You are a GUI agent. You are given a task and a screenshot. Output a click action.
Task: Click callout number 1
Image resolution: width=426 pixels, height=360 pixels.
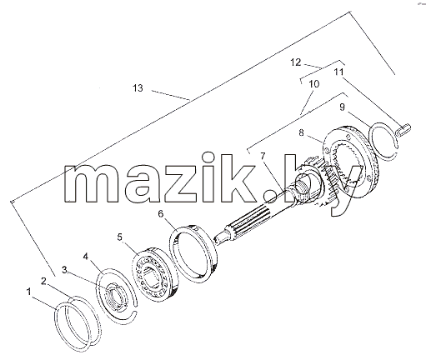tap(28, 292)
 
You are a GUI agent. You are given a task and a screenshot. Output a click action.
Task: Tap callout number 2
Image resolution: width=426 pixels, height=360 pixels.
tap(43, 282)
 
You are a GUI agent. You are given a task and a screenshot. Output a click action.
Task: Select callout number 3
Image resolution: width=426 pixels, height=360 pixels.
tap(64, 270)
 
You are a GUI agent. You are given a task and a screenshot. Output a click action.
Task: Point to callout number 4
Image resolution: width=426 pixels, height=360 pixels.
tap(86, 256)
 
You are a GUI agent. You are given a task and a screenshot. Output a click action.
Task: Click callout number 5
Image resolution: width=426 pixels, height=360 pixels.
tap(119, 237)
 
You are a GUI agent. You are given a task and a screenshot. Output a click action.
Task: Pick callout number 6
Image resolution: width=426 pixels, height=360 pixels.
tap(161, 214)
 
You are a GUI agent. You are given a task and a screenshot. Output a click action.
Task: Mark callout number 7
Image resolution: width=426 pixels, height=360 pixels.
tap(263, 156)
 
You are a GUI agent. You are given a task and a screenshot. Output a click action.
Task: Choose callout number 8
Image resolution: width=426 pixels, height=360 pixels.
tap(302, 132)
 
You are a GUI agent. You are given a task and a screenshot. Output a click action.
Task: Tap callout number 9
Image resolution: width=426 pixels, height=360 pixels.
tap(342, 107)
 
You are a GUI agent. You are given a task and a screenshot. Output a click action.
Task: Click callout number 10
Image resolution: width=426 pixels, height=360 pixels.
tap(314, 83)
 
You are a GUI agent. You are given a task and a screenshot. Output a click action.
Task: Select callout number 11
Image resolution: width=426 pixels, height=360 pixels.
tap(338, 72)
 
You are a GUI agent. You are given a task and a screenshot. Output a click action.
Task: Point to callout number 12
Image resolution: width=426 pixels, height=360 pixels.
tap(296, 62)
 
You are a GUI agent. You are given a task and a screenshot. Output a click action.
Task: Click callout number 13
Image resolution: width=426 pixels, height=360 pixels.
tap(138, 88)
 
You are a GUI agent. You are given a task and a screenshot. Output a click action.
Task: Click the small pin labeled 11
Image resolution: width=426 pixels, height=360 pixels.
tap(403, 131)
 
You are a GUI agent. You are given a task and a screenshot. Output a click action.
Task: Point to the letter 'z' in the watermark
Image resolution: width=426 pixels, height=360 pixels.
tap(181, 183)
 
